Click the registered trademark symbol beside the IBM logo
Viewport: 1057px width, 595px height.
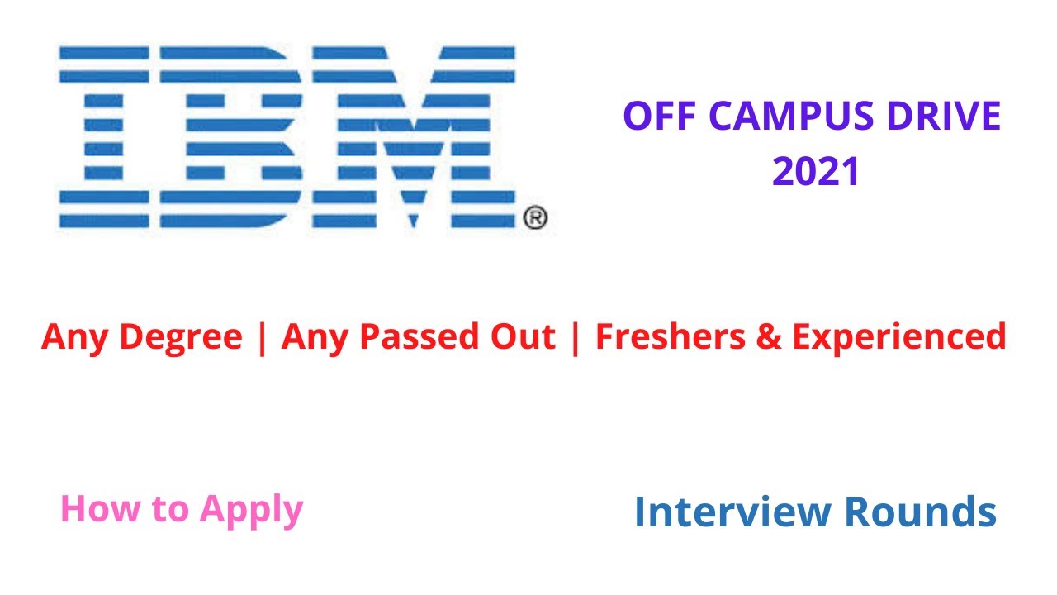click(x=535, y=218)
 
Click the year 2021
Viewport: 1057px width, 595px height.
click(x=816, y=172)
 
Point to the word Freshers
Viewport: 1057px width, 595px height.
click(x=670, y=337)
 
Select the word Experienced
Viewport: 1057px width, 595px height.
click(x=898, y=337)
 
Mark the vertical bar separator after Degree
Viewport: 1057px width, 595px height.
click(x=263, y=337)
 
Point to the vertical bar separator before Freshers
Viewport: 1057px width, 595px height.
click(x=575, y=337)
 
